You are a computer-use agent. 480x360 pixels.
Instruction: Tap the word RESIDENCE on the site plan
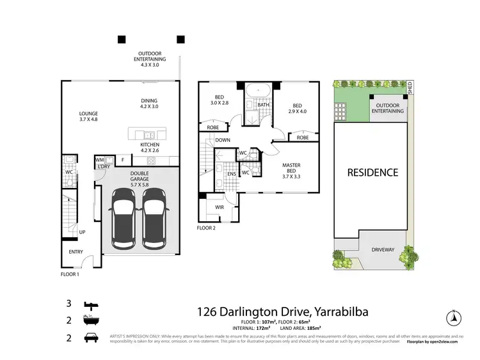pos(372,172)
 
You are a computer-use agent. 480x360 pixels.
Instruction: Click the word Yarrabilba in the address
pos(345,312)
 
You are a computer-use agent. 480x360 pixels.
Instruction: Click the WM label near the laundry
pos(99,160)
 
